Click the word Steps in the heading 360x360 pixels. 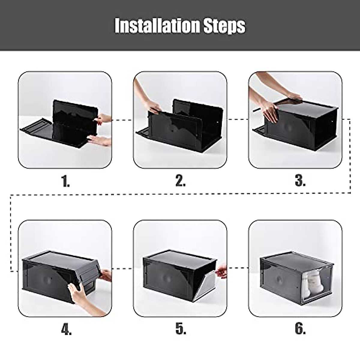[224, 26]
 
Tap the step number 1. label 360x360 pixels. [66, 181]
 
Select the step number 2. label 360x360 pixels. [180, 181]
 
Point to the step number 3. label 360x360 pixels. [300, 181]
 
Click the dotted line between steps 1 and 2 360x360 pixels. [122, 120]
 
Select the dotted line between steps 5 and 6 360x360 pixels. [238, 266]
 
